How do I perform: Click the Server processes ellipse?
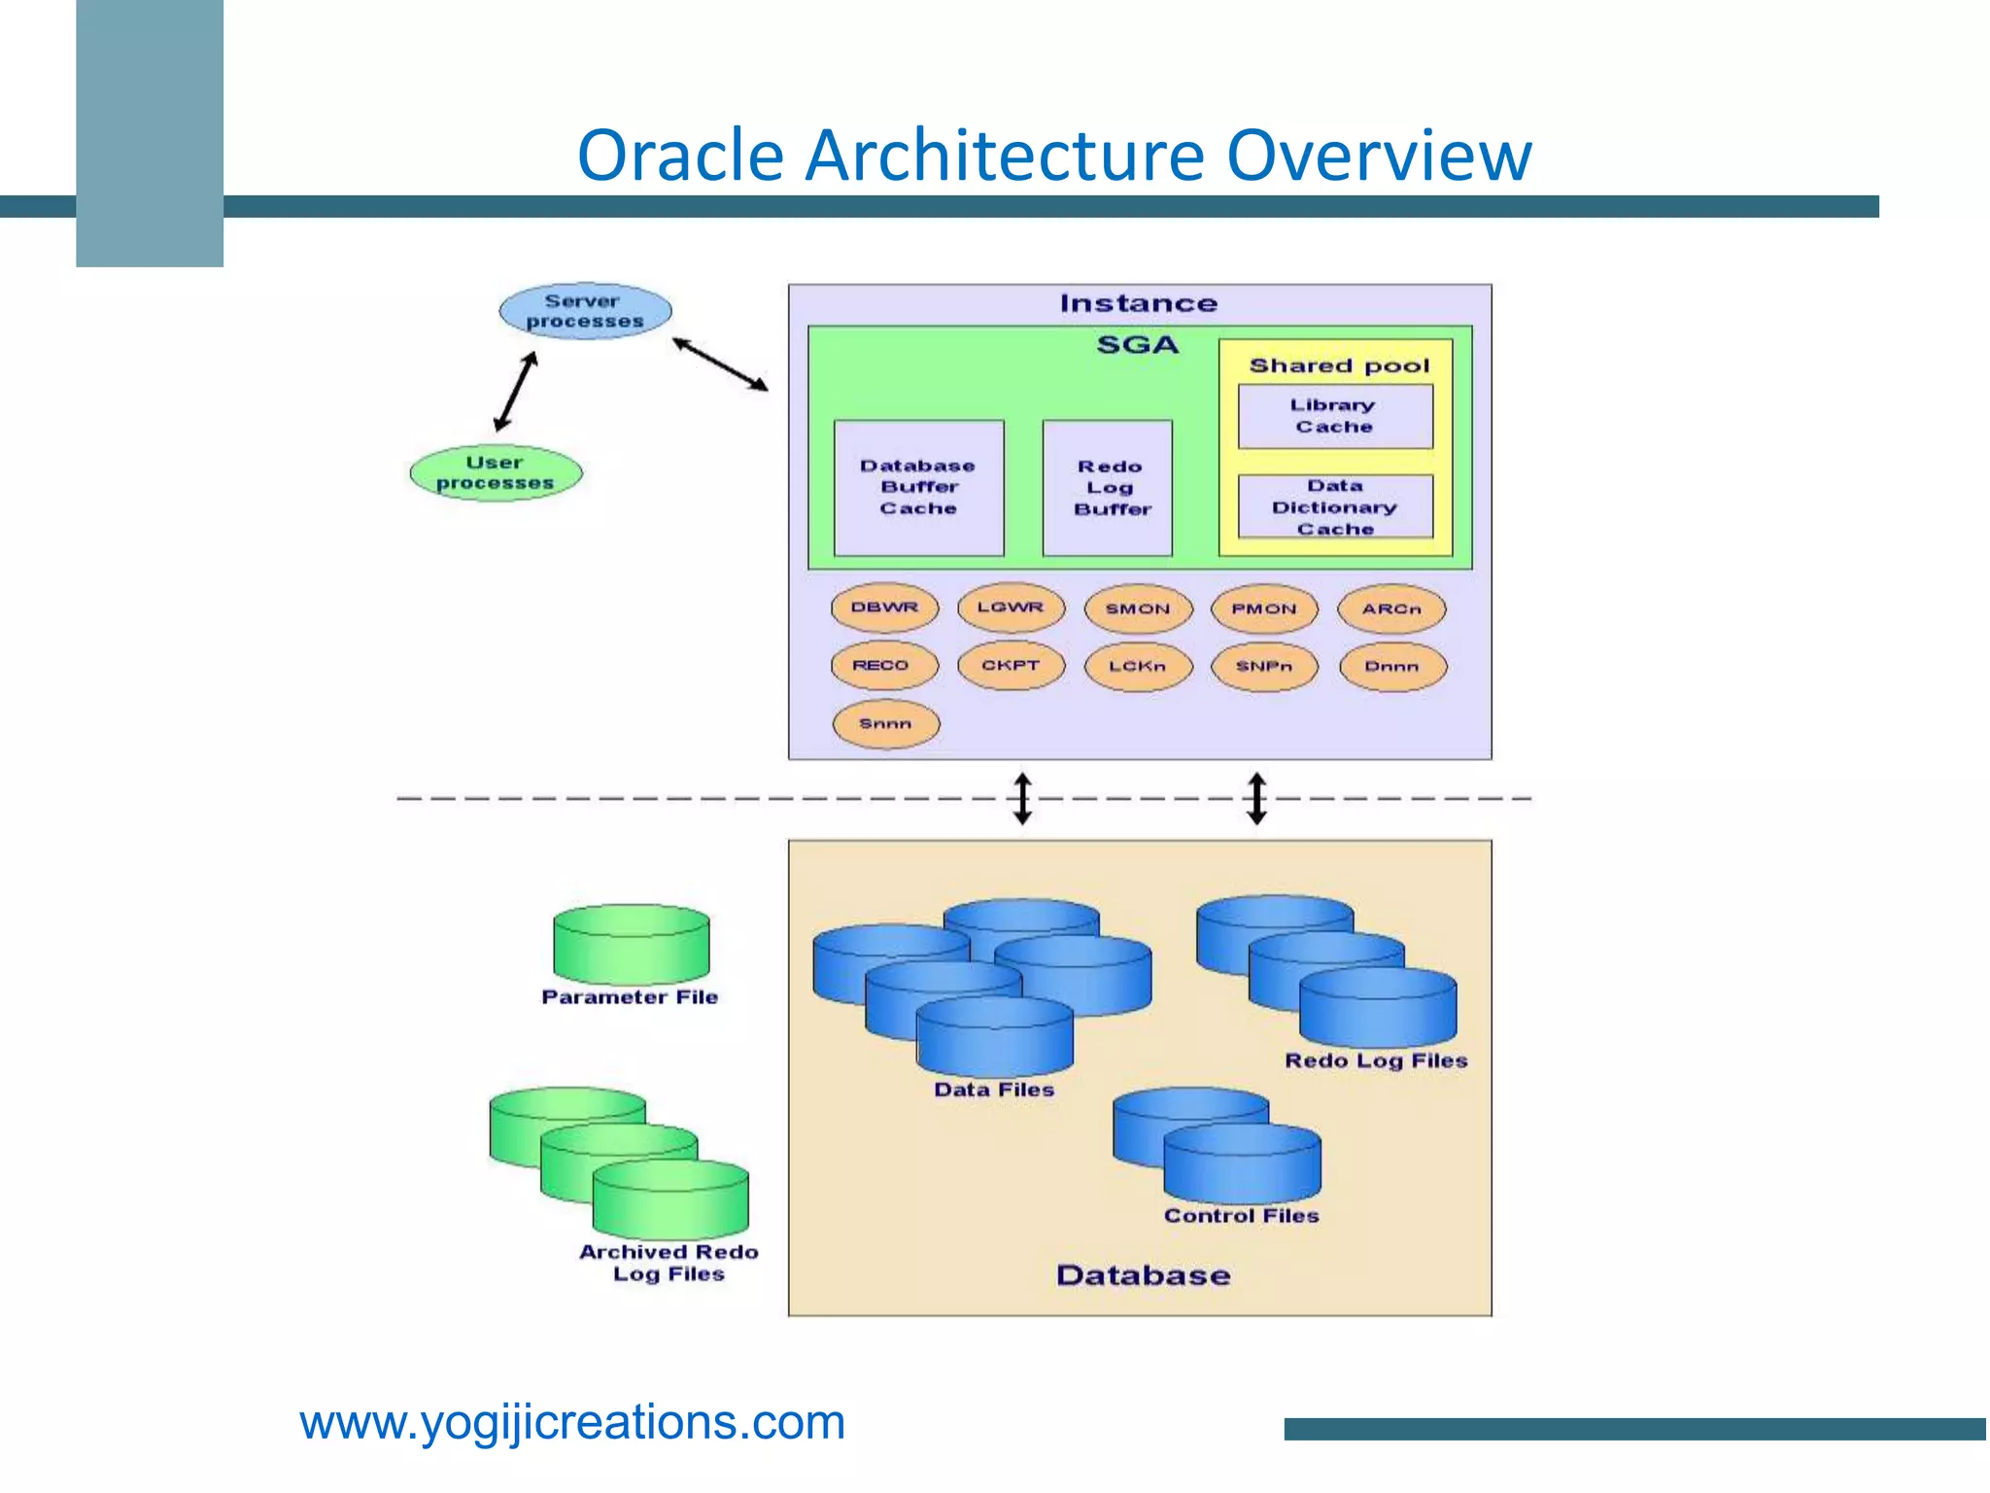pos(585,311)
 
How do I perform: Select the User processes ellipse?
pos(496,473)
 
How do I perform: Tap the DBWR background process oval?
pos(884,608)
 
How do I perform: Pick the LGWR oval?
pos(1011,608)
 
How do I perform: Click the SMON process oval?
pos(1138,609)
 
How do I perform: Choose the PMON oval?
pos(1264,609)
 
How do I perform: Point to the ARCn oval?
pos(1391,609)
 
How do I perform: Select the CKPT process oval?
pos(1011,666)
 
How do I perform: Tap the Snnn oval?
pos(885,724)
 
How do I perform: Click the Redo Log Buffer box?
pos(1108,488)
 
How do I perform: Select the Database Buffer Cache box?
pos(918,488)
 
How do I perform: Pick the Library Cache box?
pos(1334,416)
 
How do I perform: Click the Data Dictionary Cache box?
pos(1335,506)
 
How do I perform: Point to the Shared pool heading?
pos(1339,366)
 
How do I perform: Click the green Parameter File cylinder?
pos(632,946)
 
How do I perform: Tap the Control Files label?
pos(1241,1216)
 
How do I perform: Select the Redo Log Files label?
pos(1375,1060)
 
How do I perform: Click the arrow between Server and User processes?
pos(515,392)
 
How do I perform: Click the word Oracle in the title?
pos(680,156)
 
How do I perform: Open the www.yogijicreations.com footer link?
pos(572,1422)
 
